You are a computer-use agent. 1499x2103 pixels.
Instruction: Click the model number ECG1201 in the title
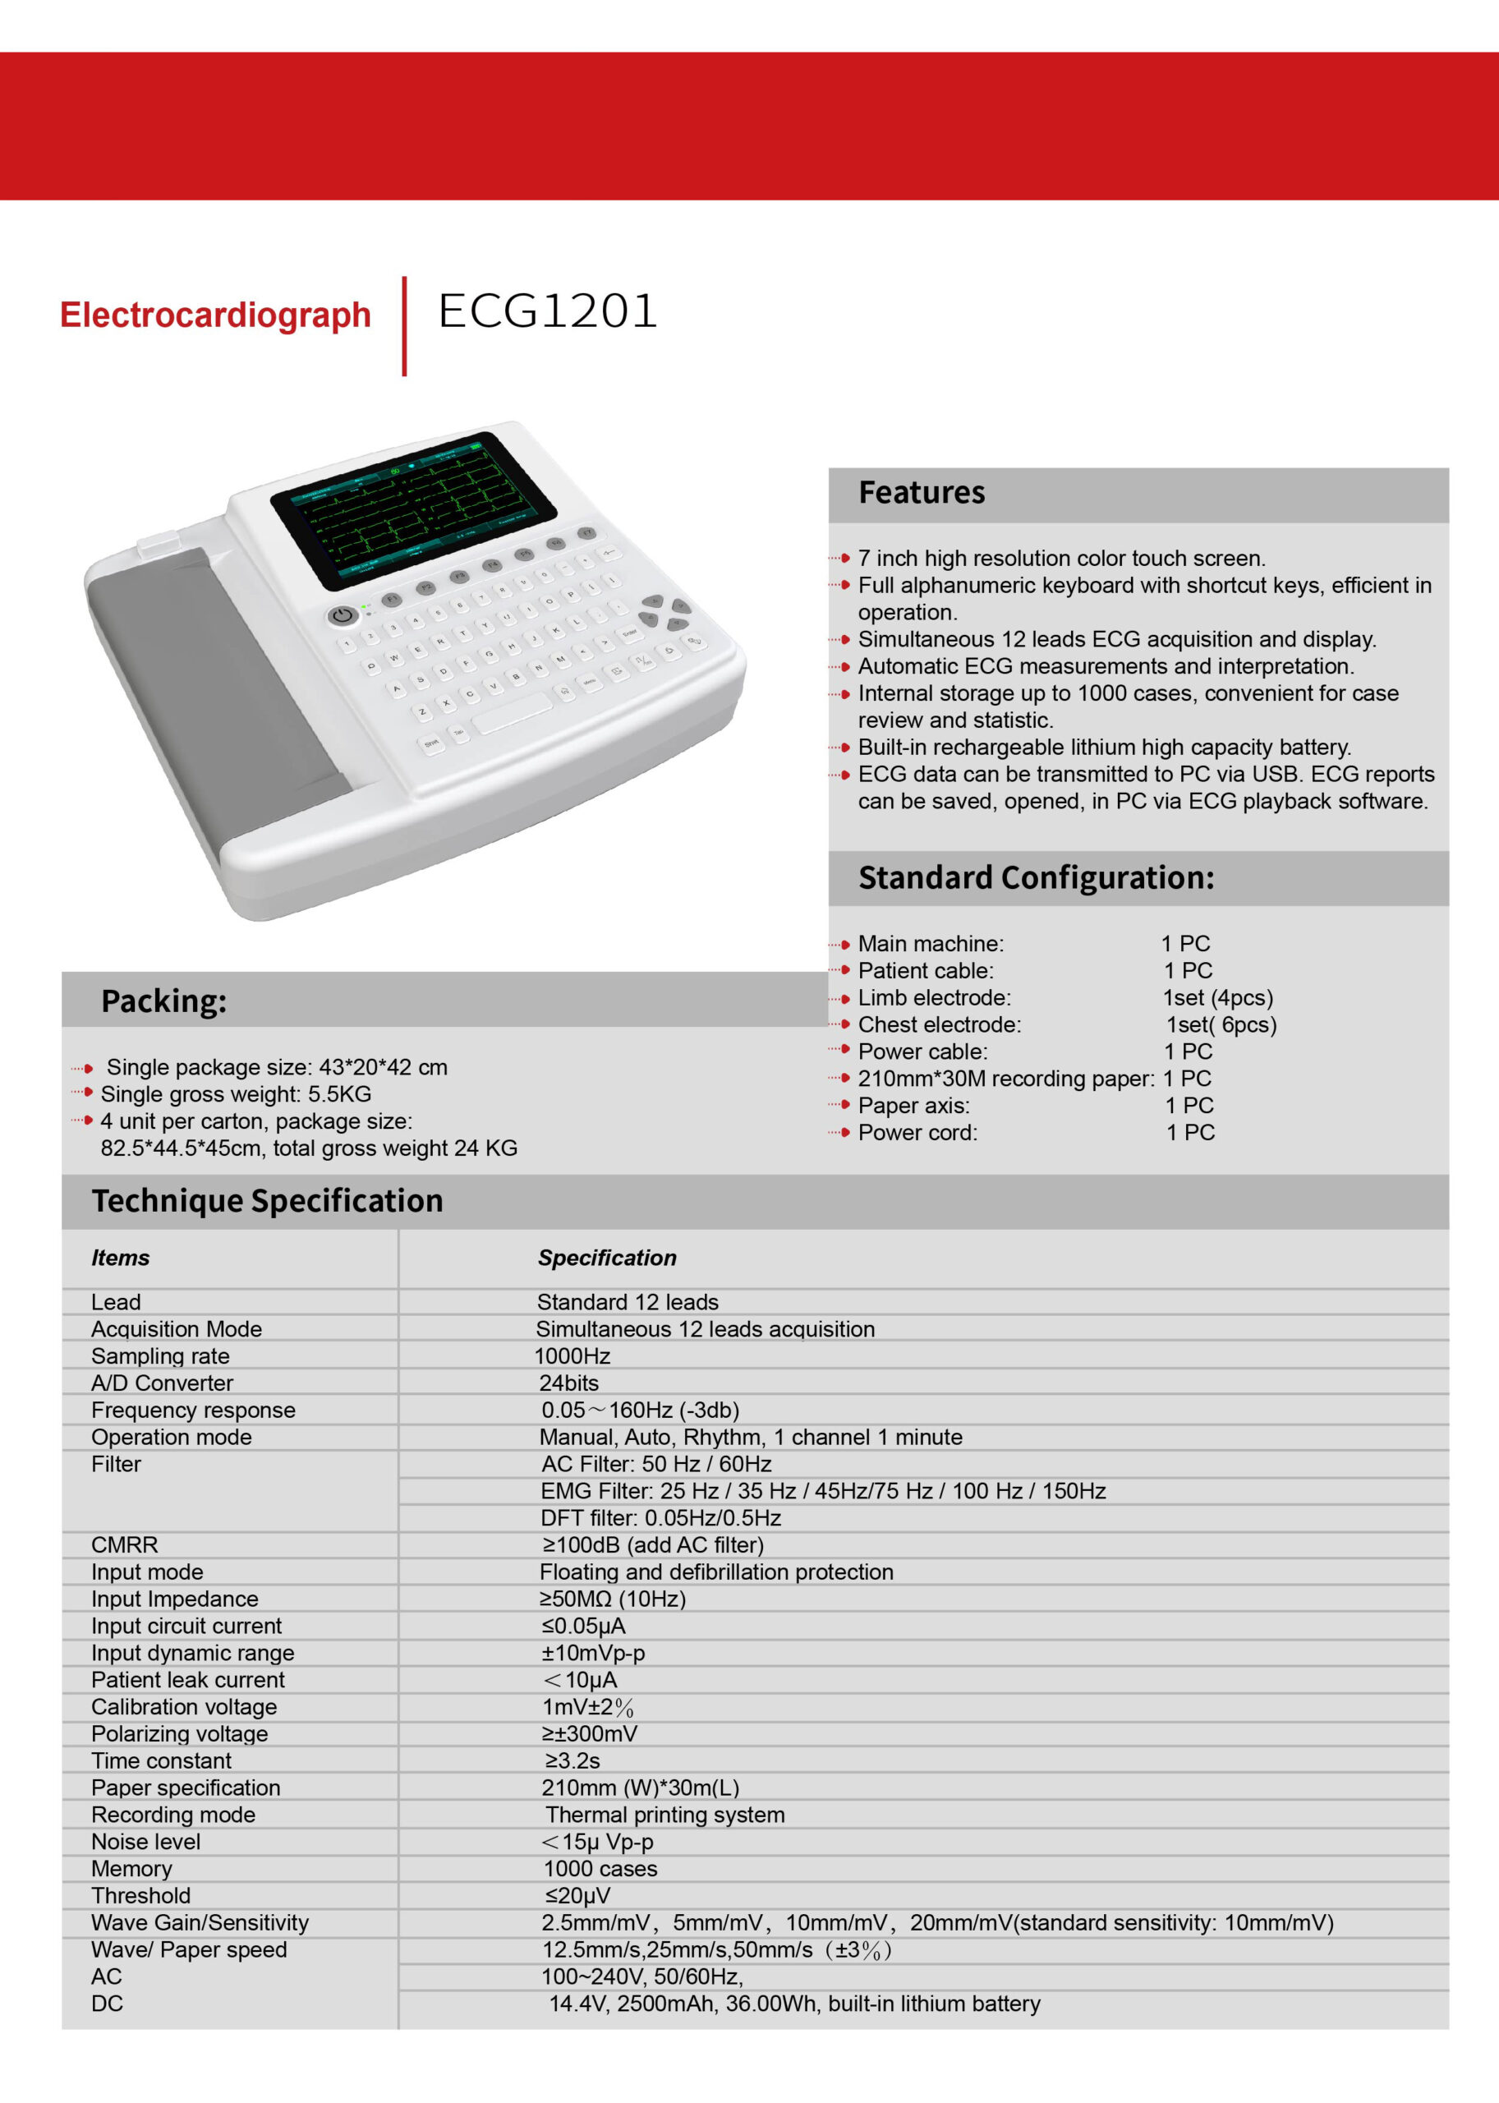coord(547,311)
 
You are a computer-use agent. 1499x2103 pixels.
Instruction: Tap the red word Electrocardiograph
coord(215,315)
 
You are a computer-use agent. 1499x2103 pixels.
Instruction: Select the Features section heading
coord(922,493)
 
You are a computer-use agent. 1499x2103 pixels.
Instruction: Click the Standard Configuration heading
coord(1036,878)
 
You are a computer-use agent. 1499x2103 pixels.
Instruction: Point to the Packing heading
coord(163,1001)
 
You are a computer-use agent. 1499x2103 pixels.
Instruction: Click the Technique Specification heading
coord(267,1201)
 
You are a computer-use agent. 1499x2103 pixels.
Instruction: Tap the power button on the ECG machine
coord(343,616)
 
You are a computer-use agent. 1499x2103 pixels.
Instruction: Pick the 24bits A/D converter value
coord(568,1383)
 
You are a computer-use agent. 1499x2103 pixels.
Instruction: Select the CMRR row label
coord(125,1545)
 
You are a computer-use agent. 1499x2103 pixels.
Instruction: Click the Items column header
coord(120,1259)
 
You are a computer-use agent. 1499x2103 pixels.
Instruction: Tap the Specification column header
coord(606,1259)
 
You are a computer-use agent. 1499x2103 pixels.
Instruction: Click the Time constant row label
coord(162,1761)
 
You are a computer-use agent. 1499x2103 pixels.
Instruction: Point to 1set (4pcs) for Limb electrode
coord(1217,998)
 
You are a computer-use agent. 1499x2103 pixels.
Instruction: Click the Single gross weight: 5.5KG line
coord(236,1095)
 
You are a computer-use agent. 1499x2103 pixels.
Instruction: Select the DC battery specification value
coord(793,2004)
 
